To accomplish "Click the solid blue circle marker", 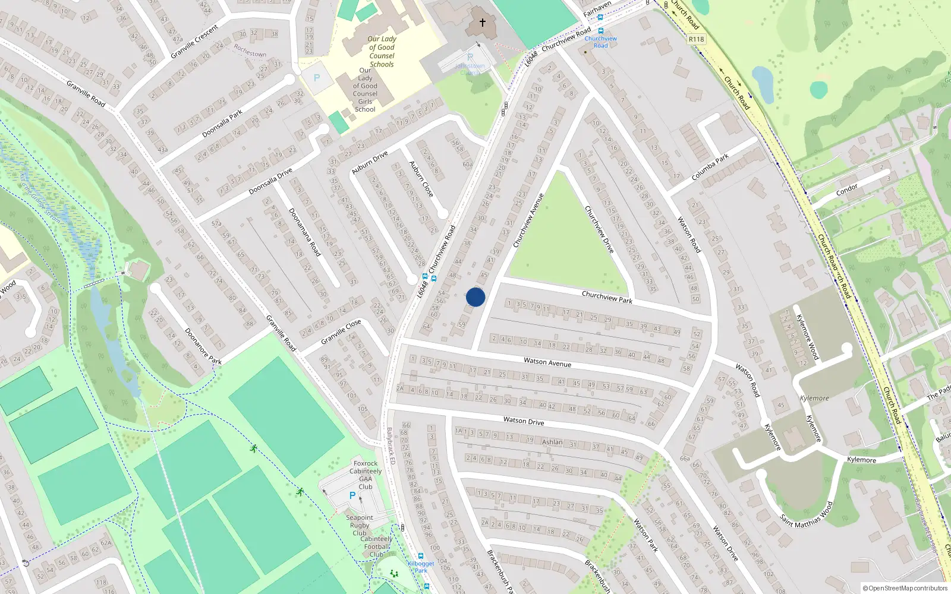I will click(x=475, y=297).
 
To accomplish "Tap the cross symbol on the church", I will click(x=483, y=23).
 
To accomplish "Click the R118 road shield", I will click(x=696, y=39).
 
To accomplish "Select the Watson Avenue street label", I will click(x=547, y=362).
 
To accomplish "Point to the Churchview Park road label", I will click(x=607, y=297).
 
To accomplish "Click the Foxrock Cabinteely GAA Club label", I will click(x=366, y=475).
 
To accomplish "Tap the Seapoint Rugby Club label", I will click(x=360, y=525).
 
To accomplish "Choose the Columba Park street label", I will click(x=710, y=168).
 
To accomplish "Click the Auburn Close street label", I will click(x=421, y=179).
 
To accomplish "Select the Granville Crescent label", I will click(x=194, y=42).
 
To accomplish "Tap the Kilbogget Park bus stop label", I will click(x=421, y=567).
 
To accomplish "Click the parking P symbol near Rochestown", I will click(x=317, y=78).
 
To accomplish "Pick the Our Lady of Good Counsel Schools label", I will click(x=382, y=52).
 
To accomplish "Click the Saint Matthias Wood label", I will click(x=807, y=515).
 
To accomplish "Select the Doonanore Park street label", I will click(x=203, y=346).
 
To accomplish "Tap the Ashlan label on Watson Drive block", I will click(x=552, y=442).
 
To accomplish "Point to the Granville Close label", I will click(x=341, y=332).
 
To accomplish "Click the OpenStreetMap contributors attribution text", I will click(x=905, y=588).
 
